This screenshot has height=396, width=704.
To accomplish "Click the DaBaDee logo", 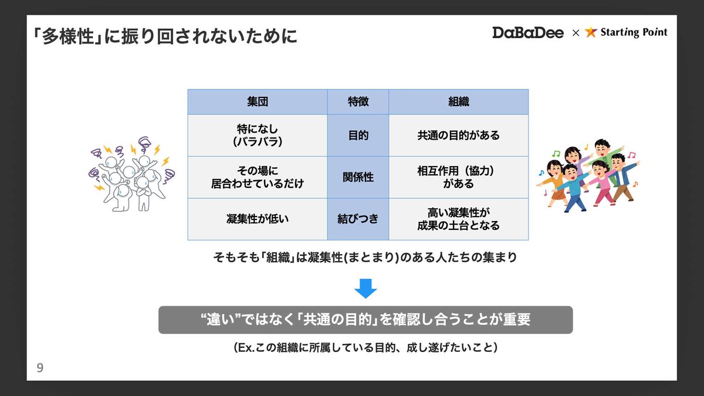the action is click(x=527, y=33).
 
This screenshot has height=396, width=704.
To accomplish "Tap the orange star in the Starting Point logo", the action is click(x=591, y=32).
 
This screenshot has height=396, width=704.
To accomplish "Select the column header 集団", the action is click(x=258, y=102).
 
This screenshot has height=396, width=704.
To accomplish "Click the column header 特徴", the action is click(x=358, y=102).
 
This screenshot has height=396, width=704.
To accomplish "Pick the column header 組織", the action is click(x=459, y=102).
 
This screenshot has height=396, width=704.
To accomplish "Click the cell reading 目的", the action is click(x=358, y=136).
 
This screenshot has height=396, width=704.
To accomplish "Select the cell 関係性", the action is click(x=358, y=177).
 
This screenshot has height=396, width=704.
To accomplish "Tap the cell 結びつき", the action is click(x=358, y=219).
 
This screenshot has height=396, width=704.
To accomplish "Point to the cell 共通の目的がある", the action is click(x=459, y=136).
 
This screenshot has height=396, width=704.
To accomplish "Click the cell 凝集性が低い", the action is click(x=258, y=219).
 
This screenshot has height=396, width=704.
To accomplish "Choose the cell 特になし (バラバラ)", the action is click(x=258, y=136).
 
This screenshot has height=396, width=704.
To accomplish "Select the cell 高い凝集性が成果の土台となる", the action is click(x=459, y=219).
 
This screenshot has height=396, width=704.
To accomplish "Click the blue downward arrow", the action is click(x=365, y=288).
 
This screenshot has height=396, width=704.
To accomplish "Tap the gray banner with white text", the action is click(x=365, y=320).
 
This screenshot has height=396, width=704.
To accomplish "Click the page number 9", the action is click(x=40, y=368).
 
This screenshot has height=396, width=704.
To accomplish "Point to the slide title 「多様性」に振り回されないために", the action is click(x=165, y=36).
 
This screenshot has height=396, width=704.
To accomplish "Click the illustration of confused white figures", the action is click(x=131, y=174).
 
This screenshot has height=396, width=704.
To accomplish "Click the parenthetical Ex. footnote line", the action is click(x=365, y=347).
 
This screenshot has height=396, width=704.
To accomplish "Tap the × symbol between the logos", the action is click(x=576, y=33).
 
